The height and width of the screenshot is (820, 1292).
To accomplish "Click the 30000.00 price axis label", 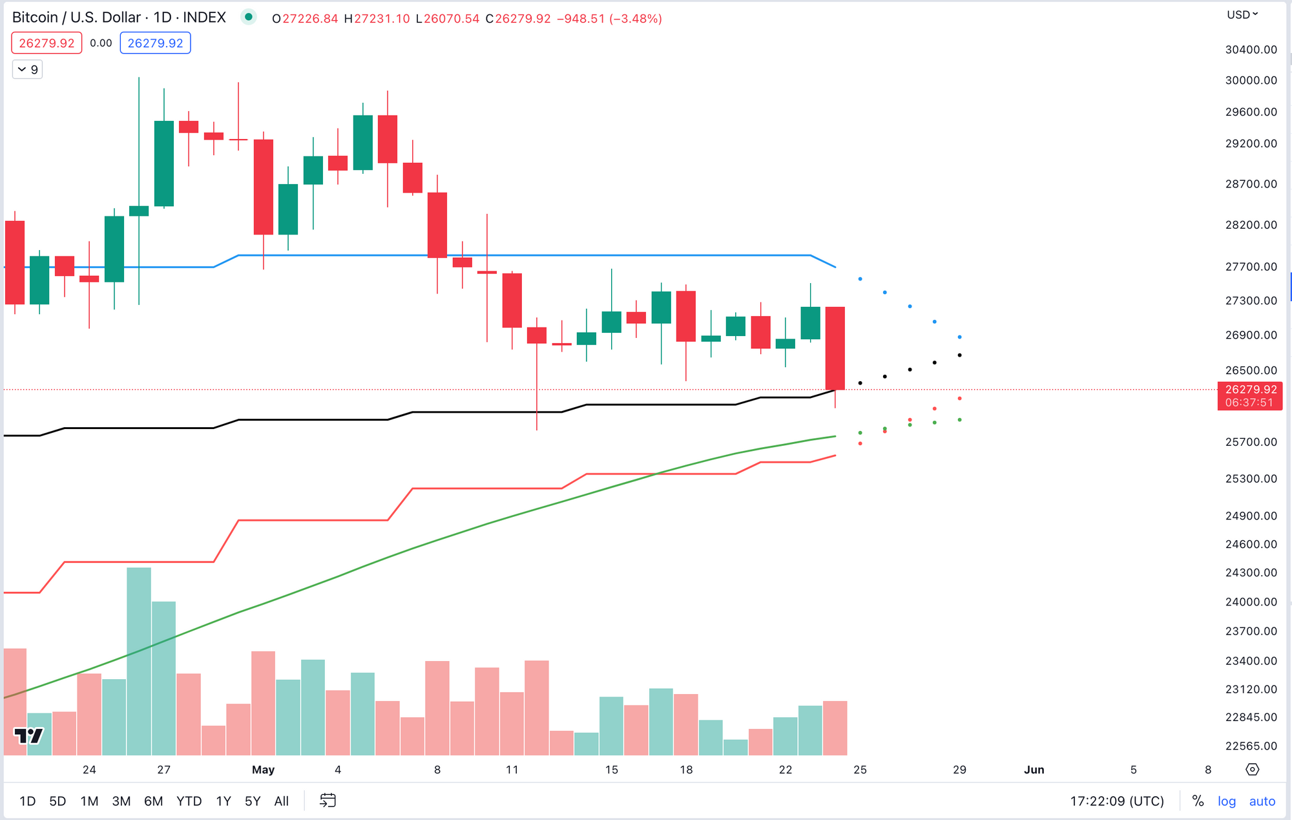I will click(x=1251, y=80).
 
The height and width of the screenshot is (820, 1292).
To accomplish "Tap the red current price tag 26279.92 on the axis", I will click(x=1250, y=390).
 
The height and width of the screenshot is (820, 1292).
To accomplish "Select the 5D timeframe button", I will click(x=57, y=801).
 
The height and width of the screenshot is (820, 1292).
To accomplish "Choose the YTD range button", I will click(x=189, y=801).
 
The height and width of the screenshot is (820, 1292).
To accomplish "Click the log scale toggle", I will click(x=1226, y=801).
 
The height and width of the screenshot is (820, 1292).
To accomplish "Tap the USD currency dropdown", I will click(x=1242, y=15).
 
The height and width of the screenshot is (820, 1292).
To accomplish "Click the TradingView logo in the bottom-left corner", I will click(x=28, y=735).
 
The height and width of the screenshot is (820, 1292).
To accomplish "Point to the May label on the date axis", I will click(x=263, y=770).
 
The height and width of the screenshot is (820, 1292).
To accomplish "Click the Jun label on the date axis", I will click(x=1034, y=770).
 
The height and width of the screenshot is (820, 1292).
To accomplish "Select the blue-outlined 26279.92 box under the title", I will click(x=155, y=43).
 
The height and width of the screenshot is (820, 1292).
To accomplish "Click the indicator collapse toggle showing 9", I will click(x=28, y=69).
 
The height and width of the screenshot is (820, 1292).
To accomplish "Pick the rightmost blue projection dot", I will click(x=959, y=337).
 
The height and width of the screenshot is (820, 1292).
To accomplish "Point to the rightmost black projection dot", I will click(x=959, y=355).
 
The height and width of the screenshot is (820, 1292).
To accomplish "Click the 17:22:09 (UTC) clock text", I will click(x=1116, y=801).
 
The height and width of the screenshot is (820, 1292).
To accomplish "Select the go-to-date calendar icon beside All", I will click(x=328, y=801).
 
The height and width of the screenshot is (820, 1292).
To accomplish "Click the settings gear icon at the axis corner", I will click(x=1252, y=770).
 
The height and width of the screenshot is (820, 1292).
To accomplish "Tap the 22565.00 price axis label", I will click(x=1251, y=746).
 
